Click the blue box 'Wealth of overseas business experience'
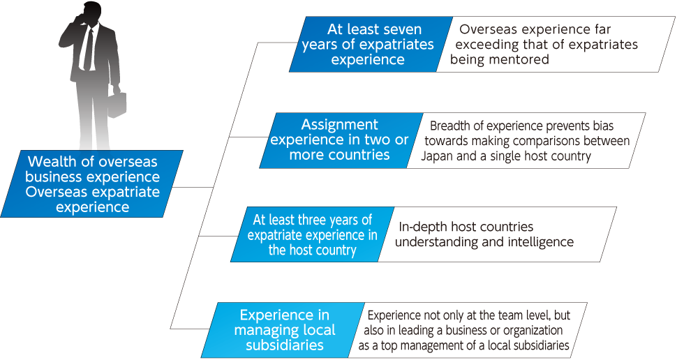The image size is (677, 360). click(92, 184)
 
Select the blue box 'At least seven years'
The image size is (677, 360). click(371, 44)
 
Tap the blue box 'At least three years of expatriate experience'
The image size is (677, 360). click(312, 234)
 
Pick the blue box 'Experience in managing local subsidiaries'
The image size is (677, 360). click(283, 330)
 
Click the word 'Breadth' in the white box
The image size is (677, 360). click(449, 126)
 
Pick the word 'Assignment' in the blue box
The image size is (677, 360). click(339, 125)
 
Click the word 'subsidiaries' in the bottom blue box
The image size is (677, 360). click(285, 345)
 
